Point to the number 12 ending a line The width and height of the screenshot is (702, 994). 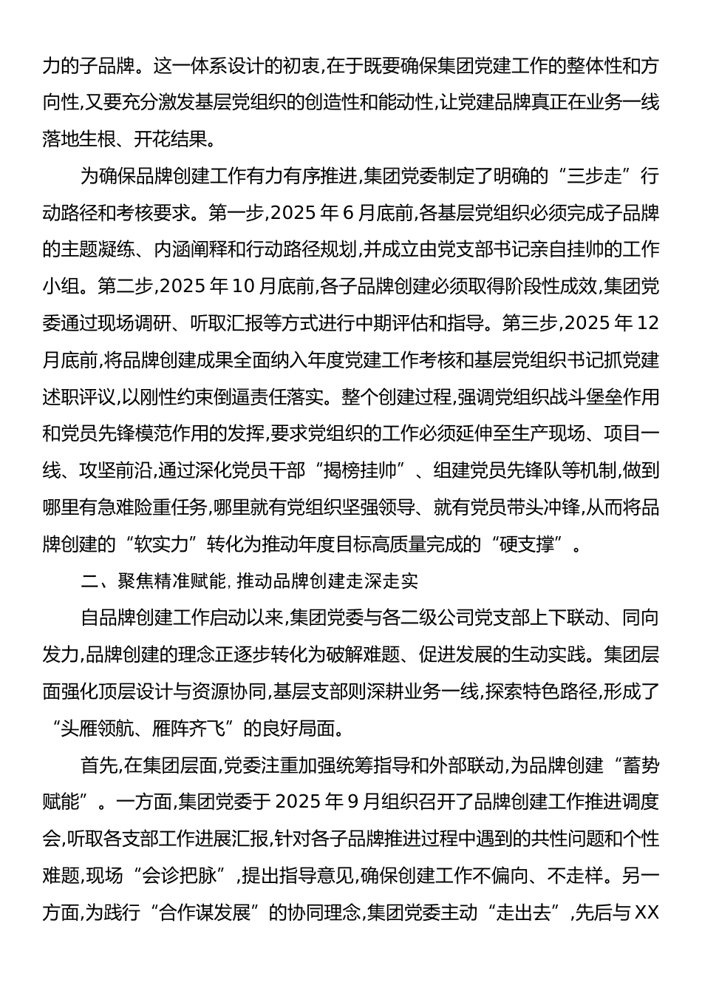[x=647, y=323]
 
